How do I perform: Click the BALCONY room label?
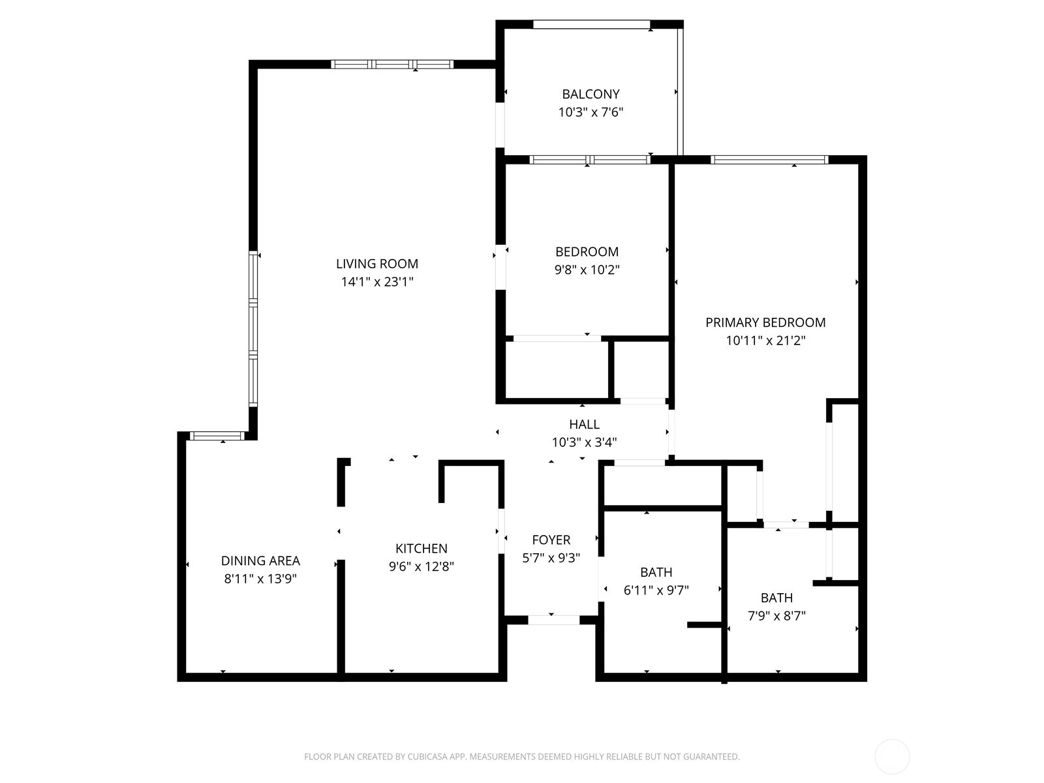(591, 94)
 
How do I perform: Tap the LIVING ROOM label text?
(377, 264)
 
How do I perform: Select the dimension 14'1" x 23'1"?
(377, 282)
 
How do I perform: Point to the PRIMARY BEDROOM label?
(765, 323)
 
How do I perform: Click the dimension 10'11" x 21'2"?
(765, 341)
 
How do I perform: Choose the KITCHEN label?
(422, 549)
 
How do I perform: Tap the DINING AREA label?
(260, 561)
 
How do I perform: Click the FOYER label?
(551, 540)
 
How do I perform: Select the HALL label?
(584, 424)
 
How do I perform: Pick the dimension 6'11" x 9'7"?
(656, 591)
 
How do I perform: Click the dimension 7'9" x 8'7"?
(776, 616)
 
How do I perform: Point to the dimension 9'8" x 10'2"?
(587, 270)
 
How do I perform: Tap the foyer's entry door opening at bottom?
(553, 620)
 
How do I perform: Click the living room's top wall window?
(392, 64)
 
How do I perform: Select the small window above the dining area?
(217, 436)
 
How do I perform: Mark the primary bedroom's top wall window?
(769, 160)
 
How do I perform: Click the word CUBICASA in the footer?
(427, 756)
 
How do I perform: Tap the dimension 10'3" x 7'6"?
(591, 112)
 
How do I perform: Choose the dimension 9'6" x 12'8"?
(422, 566)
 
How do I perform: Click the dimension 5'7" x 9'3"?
(551, 558)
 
